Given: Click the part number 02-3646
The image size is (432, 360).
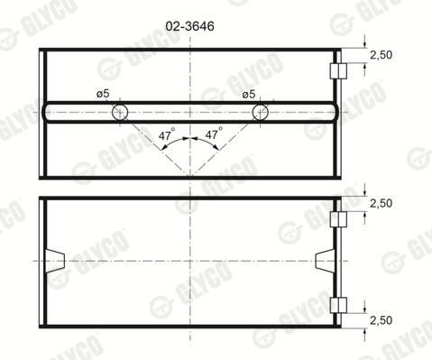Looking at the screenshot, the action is tap(189, 26).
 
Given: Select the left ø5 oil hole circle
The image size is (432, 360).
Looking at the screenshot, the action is tap(120, 105).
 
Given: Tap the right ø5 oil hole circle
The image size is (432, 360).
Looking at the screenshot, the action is tap(261, 105).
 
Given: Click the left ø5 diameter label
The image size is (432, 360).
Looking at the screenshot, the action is tap(103, 94).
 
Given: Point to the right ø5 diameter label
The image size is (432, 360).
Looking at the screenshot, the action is tap(249, 95).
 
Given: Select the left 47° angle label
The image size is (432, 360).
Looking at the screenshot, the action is tap(167, 134).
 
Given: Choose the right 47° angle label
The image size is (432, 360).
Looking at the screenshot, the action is tap(214, 133).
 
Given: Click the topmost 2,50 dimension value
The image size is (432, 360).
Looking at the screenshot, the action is tap(381, 55).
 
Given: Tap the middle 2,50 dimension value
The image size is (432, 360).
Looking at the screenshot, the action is tap(381, 204).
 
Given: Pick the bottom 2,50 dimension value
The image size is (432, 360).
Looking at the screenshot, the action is tap(381, 320).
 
